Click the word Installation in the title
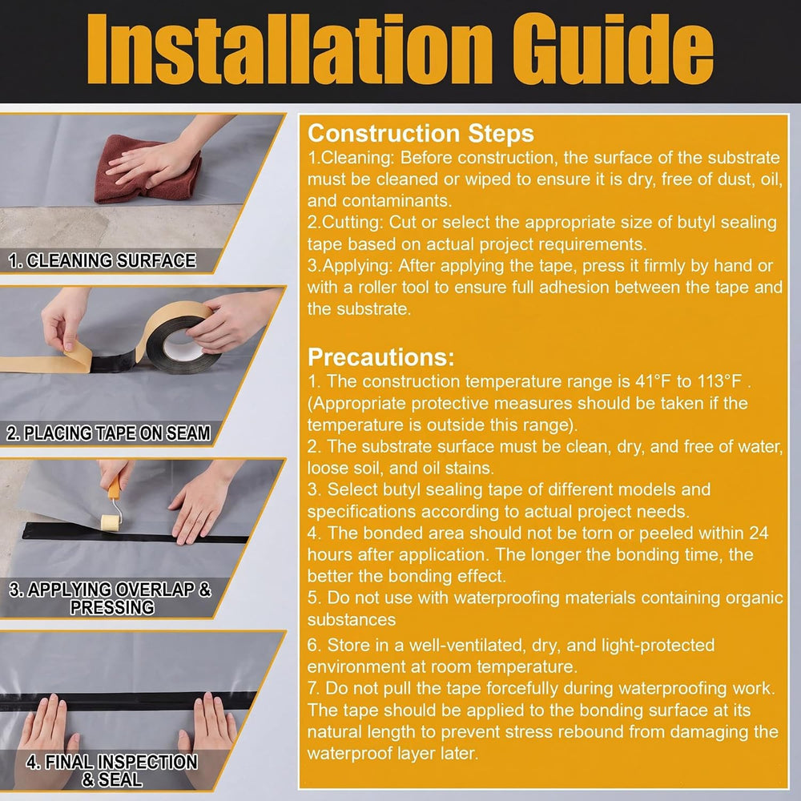point(289,50)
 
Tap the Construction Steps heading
point(421,133)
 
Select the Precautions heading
point(381,357)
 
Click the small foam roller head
point(111,523)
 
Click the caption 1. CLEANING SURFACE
point(103,260)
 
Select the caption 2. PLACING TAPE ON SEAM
point(108,433)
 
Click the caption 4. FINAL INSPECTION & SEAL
point(112,771)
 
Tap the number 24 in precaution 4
point(759,533)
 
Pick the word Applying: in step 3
point(351,266)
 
